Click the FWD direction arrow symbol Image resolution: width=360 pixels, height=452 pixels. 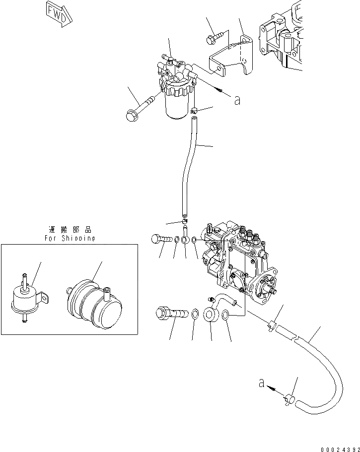58,12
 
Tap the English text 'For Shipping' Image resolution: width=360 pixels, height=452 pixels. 69,238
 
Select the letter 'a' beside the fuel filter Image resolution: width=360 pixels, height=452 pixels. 237,100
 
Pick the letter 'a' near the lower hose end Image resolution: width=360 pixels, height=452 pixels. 261,383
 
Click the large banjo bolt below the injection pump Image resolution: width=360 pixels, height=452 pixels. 171,314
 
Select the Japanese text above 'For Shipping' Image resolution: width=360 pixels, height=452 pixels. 70,230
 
